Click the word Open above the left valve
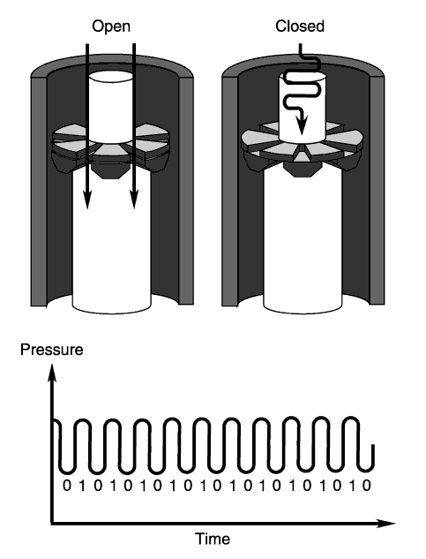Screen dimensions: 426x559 click(111, 27)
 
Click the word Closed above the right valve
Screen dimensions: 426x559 click(300, 26)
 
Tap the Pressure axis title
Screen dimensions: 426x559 click(52, 350)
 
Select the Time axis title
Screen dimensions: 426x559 click(213, 539)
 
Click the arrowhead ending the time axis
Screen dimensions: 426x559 click(385, 524)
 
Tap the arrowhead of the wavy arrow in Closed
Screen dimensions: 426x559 click(302, 125)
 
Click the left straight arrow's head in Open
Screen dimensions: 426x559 click(87, 199)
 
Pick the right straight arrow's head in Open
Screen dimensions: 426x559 click(134, 199)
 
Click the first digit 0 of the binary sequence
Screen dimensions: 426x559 click(67, 486)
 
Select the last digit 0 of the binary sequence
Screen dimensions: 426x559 click(366, 486)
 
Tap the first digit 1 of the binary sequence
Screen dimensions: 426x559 click(82, 486)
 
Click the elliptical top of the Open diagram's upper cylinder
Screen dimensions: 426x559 click(111, 77)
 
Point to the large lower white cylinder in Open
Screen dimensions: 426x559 click(111, 243)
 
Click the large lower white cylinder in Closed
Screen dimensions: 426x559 click(303, 243)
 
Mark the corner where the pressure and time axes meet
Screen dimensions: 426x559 click(52, 524)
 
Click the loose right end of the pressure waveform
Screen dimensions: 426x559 click(373, 446)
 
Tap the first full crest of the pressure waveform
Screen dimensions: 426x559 click(81, 420)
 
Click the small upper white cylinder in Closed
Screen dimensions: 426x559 click(302, 107)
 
